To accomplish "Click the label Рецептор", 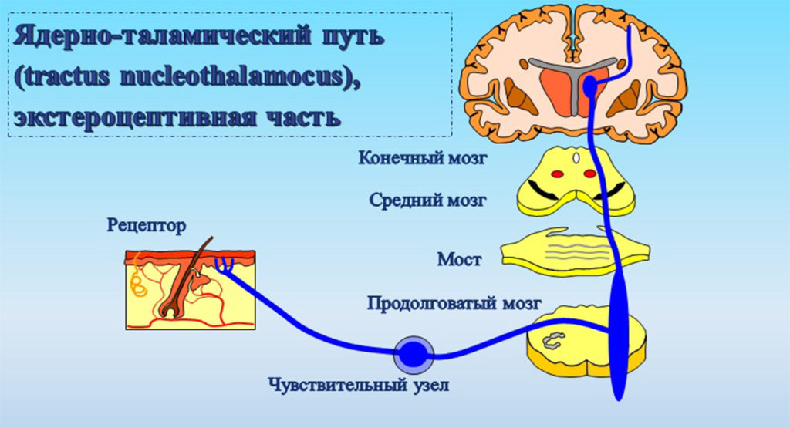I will click(x=147, y=227).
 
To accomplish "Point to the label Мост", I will click(x=459, y=258).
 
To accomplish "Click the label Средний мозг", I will click(x=427, y=201).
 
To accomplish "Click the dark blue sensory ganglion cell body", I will click(x=414, y=355).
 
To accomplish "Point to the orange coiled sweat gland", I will click(x=139, y=283).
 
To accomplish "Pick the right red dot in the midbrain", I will click(x=589, y=174).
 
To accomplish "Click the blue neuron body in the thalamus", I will click(x=591, y=89).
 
